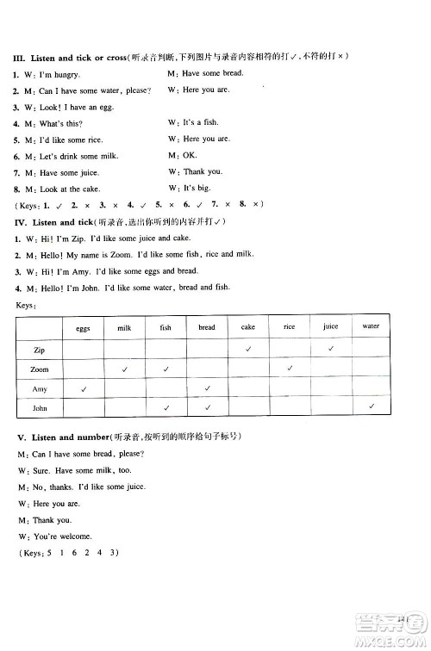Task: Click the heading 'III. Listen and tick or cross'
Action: coord(69,57)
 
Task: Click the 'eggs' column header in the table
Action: coord(83,328)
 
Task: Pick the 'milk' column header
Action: coord(124,328)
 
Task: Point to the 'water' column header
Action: coord(371,327)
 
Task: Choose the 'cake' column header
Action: coord(247,328)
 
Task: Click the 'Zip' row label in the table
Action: coord(39,350)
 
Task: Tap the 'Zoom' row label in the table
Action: coord(39,369)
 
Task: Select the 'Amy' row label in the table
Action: coord(39,389)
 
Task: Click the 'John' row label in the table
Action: coord(39,408)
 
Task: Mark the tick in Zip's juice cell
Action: coord(330,349)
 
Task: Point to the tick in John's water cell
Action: coord(371,406)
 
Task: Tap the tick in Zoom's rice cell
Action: coord(290,369)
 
